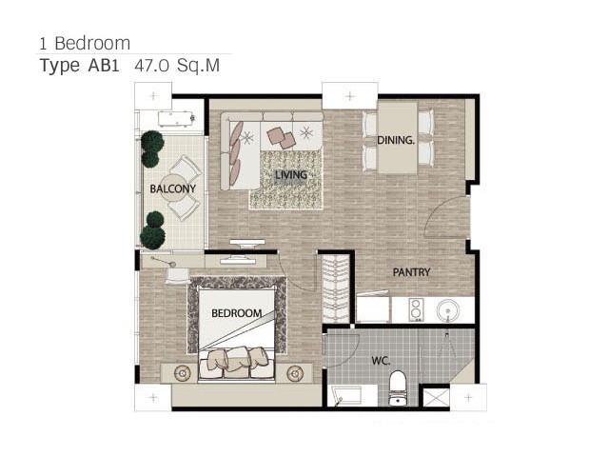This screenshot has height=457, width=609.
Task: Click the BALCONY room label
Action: pos(173,189)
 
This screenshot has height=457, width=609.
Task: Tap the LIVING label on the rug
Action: pos(291,175)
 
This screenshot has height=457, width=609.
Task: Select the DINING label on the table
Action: pos(396,140)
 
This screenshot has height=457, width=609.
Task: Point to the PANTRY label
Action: pos(411,272)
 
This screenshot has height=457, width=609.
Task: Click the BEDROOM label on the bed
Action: pos(236,313)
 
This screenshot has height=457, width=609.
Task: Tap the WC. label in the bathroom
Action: pos(381,361)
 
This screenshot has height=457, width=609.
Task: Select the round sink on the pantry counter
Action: pos(448,311)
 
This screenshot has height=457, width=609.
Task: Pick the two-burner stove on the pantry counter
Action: pos(416,309)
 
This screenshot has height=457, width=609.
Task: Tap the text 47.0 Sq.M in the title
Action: pos(177,66)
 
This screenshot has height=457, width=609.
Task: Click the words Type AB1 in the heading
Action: pos(79,66)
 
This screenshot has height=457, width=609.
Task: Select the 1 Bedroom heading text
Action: pos(85,43)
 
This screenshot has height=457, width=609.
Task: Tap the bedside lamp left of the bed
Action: pos(182,373)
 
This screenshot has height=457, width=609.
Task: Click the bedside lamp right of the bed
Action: pos(295,373)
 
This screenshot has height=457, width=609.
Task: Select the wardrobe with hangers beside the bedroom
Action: pos(336,288)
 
